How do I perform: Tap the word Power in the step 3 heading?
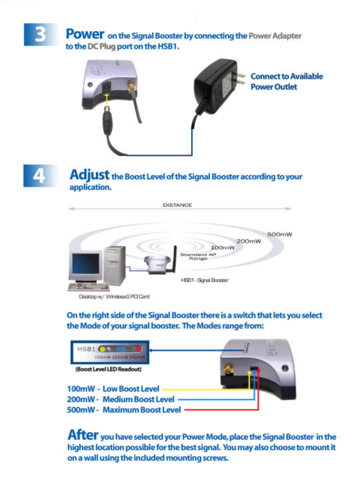coord(85,34)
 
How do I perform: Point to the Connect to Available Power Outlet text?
coord(286,81)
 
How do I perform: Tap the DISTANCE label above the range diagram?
coord(178,205)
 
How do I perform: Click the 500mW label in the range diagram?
coord(280,234)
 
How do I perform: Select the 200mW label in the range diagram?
coord(249,241)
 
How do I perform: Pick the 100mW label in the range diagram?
coord(222,247)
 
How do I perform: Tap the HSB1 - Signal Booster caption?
coord(205,280)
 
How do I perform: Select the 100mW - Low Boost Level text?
coord(113,389)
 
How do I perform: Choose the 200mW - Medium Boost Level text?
coord(120,399)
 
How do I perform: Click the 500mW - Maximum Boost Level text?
coord(123,410)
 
